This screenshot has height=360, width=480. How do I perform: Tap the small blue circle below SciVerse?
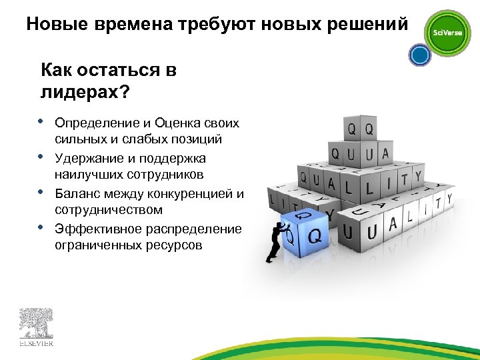[x=420, y=55]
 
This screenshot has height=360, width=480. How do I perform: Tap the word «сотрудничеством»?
[x=109, y=210]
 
